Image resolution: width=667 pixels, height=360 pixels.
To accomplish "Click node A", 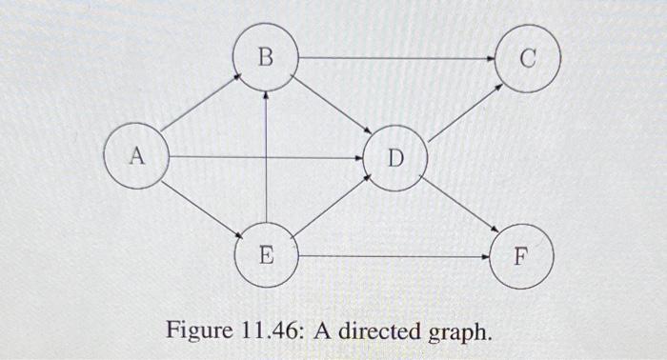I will (x=137, y=156).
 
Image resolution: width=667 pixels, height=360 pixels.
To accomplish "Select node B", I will (x=266, y=59).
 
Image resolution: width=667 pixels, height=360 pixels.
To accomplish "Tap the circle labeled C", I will (x=528, y=59).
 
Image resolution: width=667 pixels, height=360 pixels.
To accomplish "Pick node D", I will (x=395, y=158).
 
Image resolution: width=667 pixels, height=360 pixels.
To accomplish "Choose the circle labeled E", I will (x=266, y=255).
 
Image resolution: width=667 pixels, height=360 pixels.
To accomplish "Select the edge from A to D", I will (x=267, y=156).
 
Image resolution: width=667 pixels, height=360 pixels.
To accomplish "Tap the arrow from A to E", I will (x=199, y=206).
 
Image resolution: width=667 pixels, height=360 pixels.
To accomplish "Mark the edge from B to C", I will (x=395, y=59).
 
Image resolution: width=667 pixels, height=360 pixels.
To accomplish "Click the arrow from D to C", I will (x=463, y=110).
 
